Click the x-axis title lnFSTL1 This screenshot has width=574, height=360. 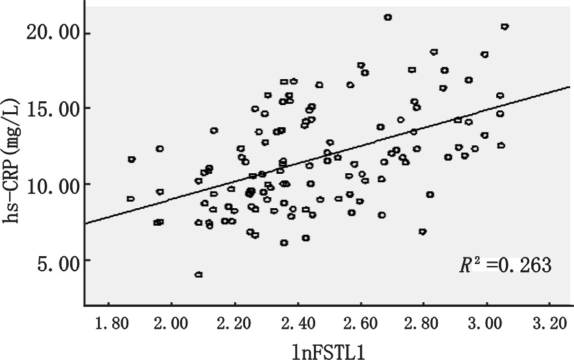tap(328, 348)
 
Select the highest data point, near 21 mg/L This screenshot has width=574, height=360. tap(388, 18)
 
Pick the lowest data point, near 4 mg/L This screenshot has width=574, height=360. tap(198, 274)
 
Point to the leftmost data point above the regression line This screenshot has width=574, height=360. tap(132, 159)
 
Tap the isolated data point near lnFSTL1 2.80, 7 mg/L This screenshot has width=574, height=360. tap(423, 232)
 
